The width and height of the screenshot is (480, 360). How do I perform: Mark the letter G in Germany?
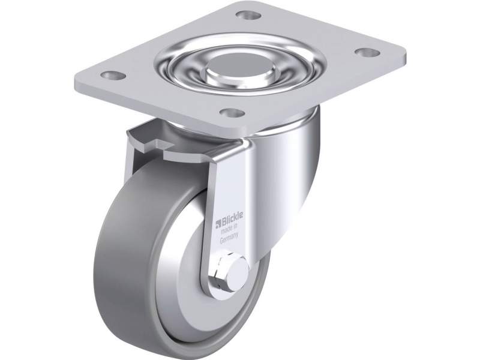[221, 241]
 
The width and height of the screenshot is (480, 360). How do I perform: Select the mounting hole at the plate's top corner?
[248, 14]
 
